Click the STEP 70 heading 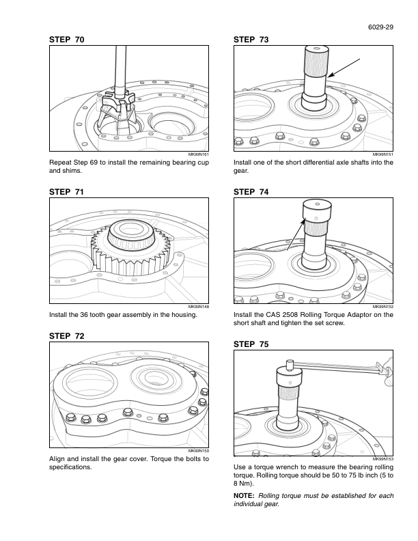point(67,40)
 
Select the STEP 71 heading point(67,193)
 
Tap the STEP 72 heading point(67,335)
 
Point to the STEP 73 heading point(251,40)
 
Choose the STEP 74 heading point(251,193)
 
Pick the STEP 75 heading point(251,344)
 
